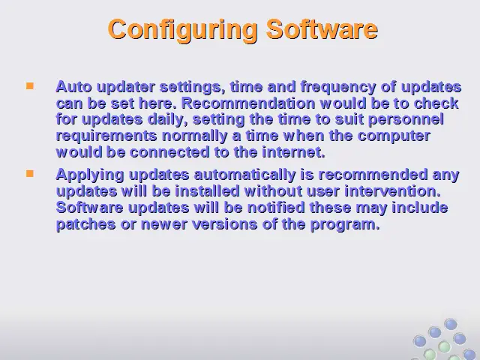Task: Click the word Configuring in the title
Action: coord(182,30)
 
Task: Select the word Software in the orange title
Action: coord(322,29)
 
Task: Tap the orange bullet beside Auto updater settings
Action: coord(30,86)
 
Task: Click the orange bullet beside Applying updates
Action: coord(30,173)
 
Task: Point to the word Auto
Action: coord(73,87)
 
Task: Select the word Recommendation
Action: coord(248,103)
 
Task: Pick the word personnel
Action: coord(406,120)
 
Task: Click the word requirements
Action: coord(106,136)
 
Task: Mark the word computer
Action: coord(394,136)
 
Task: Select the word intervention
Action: coord(393,192)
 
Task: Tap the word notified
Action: coord(276,208)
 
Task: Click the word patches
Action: coord(86,225)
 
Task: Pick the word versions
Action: coord(225,225)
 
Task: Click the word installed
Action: coord(207,192)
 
